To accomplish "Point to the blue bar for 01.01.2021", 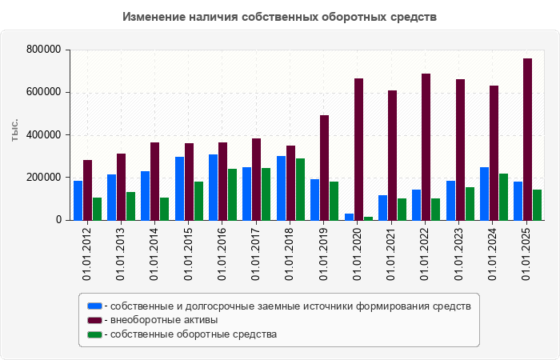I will coord(382,207).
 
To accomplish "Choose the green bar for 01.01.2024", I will coord(504,197).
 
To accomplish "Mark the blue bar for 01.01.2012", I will coord(78,200).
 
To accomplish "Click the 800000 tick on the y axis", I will coord(44,50).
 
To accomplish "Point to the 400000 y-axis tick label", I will coord(44,134).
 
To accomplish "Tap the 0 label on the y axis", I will coord(58,220).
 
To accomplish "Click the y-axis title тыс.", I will coord(15,130).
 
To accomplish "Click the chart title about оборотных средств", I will coord(280,17).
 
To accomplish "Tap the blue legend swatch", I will coord(94,306).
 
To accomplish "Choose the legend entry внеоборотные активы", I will coord(164,320).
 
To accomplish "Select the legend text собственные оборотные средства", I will coord(194,334).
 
